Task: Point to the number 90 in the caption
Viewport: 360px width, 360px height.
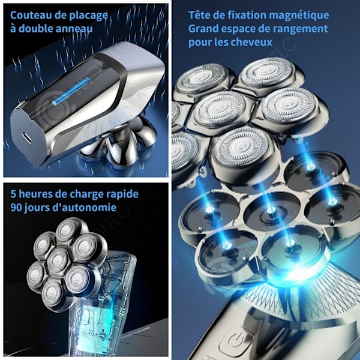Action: point(16,208)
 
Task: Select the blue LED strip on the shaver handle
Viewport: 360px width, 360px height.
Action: point(71,92)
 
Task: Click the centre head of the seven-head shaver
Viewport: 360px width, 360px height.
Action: point(58,260)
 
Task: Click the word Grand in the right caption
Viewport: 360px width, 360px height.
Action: point(203,29)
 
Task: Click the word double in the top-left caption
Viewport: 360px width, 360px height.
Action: point(32,29)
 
